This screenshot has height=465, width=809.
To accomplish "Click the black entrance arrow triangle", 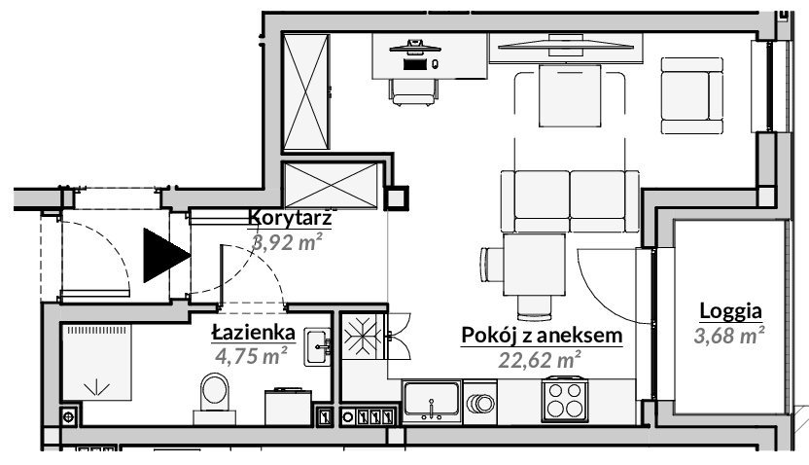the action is [162, 255].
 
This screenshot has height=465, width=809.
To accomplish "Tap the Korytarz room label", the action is [290, 218].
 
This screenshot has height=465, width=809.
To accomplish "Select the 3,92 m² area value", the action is [287, 241].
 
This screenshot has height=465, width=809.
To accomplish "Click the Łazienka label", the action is [254, 333].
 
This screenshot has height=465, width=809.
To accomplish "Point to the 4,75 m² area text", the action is [251, 356].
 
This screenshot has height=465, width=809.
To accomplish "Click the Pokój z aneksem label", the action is [542, 336].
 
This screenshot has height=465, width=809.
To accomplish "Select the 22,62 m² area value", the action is [540, 360].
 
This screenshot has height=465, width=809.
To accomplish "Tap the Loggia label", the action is [730, 311].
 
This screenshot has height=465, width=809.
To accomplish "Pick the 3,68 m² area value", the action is [729, 336].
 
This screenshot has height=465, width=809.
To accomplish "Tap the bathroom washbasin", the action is [317, 347].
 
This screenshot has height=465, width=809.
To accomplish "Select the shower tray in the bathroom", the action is [96, 362].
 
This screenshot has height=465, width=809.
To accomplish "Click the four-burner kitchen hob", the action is [564, 400].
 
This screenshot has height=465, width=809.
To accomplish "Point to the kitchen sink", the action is [432, 401].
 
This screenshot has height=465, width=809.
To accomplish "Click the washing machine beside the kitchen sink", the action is [479, 402].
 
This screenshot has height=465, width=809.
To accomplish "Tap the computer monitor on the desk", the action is [415, 47].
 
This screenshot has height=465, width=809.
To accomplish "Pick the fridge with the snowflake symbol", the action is [364, 336].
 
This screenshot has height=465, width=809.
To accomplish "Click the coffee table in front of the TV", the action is [570, 95].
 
